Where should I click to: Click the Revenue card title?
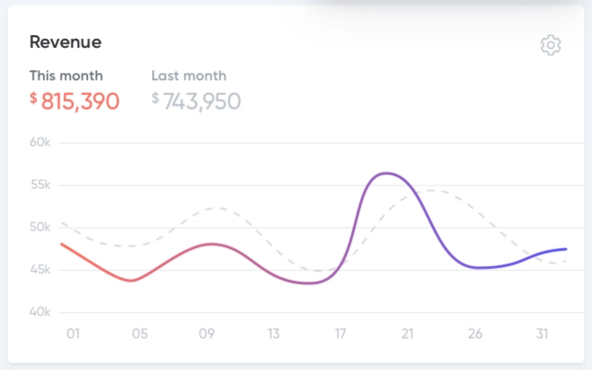(x=66, y=42)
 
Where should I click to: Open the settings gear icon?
(x=550, y=45)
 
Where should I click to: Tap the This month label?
(x=66, y=75)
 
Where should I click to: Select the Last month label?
(x=189, y=75)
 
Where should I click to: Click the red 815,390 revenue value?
(x=80, y=101)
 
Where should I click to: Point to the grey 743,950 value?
(x=201, y=101)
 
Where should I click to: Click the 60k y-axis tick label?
(x=40, y=142)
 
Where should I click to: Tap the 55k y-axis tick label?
(x=40, y=185)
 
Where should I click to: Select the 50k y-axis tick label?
(x=40, y=227)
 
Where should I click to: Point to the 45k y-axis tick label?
(x=40, y=270)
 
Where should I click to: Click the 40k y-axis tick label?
(x=40, y=312)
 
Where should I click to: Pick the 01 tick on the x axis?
(x=73, y=334)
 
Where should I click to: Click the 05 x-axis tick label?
(x=140, y=334)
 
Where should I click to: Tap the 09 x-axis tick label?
(x=207, y=334)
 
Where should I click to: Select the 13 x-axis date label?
(x=273, y=334)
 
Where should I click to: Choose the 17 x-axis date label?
(x=340, y=334)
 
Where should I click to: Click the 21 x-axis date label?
(x=407, y=334)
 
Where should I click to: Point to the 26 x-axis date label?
(x=475, y=334)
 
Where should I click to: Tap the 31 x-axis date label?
(x=542, y=334)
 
